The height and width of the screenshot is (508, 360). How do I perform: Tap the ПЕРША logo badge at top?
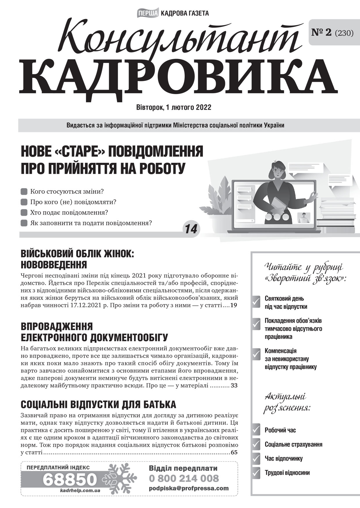coord(147,13)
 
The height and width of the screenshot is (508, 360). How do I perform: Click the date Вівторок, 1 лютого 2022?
coord(174,107)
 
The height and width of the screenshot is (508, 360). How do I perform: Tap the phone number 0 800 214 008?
coord(184,478)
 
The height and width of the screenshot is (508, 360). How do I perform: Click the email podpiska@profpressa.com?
coord(189,488)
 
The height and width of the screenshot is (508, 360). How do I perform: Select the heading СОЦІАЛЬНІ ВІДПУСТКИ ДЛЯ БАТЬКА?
coord(98,404)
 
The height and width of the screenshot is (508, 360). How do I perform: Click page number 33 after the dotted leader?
coord(234,386)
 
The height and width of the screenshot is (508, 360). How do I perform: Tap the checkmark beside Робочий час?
coord(256,430)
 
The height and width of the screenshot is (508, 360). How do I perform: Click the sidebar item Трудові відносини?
coord(287,473)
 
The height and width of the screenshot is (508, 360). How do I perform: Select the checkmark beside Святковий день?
coord(256,302)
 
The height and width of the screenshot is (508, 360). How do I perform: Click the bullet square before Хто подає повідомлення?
coord(24,213)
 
